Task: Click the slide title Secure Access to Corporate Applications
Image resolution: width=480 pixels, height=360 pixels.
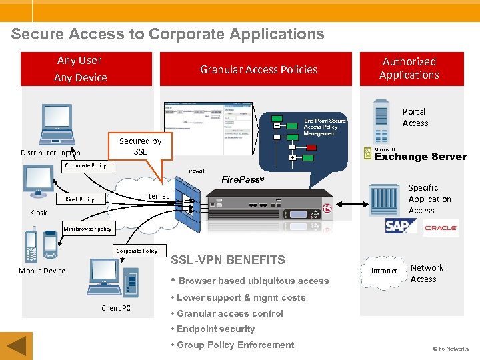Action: pyautogui.click(x=167, y=34)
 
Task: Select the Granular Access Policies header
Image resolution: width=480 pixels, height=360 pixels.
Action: pyautogui.click(x=258, y=69)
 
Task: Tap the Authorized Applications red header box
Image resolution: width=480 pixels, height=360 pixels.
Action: pyautogui.click(x=409, y=69)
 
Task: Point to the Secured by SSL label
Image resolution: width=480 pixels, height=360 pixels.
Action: pyautogui.click(x=140, y=146)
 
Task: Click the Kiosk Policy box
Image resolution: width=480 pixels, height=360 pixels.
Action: pyautogui.click(x=79, y=199)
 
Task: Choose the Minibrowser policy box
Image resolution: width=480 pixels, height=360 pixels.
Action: pyautogui.click(x=87, y=229)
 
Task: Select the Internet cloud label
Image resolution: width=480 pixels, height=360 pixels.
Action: pyautogui.click(x=155, y=196)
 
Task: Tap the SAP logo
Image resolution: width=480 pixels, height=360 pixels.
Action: pyautogui.click(x=400, y=227)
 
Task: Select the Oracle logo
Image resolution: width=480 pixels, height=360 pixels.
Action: pyautogui.click(x=441, y=228)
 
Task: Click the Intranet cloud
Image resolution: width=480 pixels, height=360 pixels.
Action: pyautogui.click(x=384, y=271)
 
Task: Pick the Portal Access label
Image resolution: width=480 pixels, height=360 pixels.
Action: pyautogui.click(x=415, y=117)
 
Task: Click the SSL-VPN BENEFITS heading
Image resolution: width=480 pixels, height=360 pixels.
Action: pyautogui.click(x=228, y=260)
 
